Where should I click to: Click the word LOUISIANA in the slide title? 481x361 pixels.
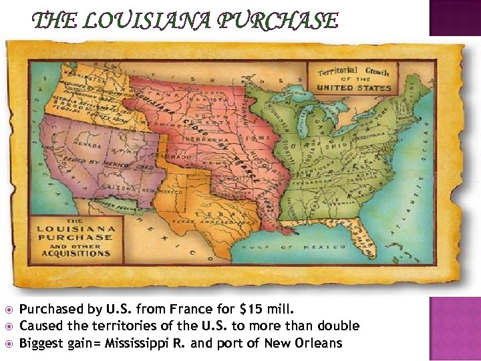pyautogui.click(x=160, y=21)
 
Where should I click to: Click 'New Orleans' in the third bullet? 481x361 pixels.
pyautogui.click(x=311, y=343)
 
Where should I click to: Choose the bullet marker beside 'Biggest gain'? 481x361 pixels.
pyautogui.click(x=8, y=344)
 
